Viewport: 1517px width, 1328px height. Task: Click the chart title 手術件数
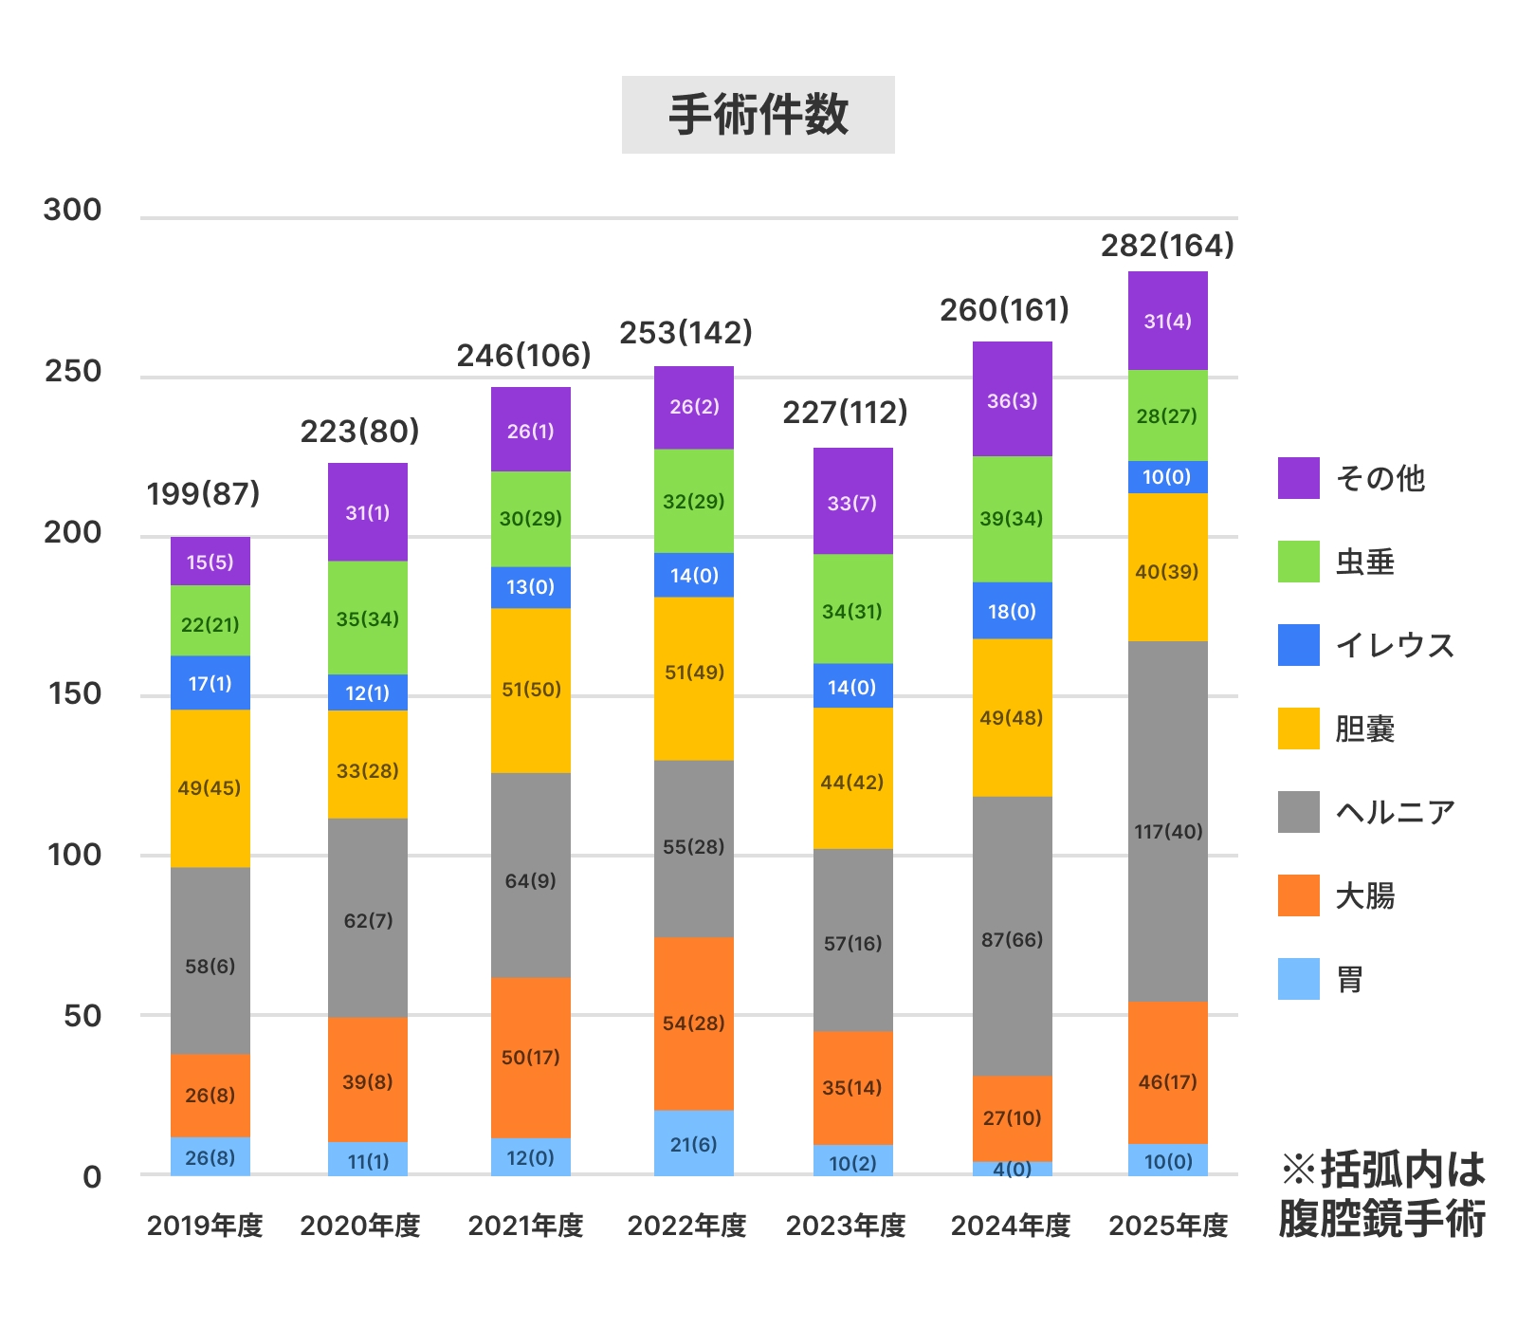click(x=758, y=115)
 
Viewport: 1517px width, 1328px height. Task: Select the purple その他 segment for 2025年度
click(x=1167, y=321)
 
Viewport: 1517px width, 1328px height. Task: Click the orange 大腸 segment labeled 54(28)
click(x=693, y=1023)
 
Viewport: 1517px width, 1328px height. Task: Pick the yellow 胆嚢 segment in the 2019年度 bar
click(x=210, y=787)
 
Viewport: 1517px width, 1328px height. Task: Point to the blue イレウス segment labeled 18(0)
click(x=1012, y=611)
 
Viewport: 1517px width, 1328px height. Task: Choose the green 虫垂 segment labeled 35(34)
click(x=367, y=618)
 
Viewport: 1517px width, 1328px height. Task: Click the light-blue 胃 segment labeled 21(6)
click(x=693, y=1143)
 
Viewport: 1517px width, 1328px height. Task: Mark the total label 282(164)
click(x=1167, y=246)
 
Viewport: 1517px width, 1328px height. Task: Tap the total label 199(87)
click(x=203, y=493)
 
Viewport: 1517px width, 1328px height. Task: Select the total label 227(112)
click(x=845, y=413)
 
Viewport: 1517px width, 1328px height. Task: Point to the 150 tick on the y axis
click(x=74, y=693)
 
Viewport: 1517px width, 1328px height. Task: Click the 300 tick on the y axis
click(x=72, y=210)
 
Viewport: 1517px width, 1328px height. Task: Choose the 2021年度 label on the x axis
click(x=525, y=1226)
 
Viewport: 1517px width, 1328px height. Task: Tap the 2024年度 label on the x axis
click(x=1011, y=1226)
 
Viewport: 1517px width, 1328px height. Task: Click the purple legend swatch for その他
click(x=1298, y=478)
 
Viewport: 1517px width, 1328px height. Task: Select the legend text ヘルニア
click(x=1395, y=812)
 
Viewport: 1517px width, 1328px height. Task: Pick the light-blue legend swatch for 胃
click(x=1298, y=979)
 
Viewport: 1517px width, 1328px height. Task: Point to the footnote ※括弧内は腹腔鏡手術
click(x=1382, y=1193)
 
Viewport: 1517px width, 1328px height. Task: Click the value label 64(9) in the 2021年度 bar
click(x=530, y=880)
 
